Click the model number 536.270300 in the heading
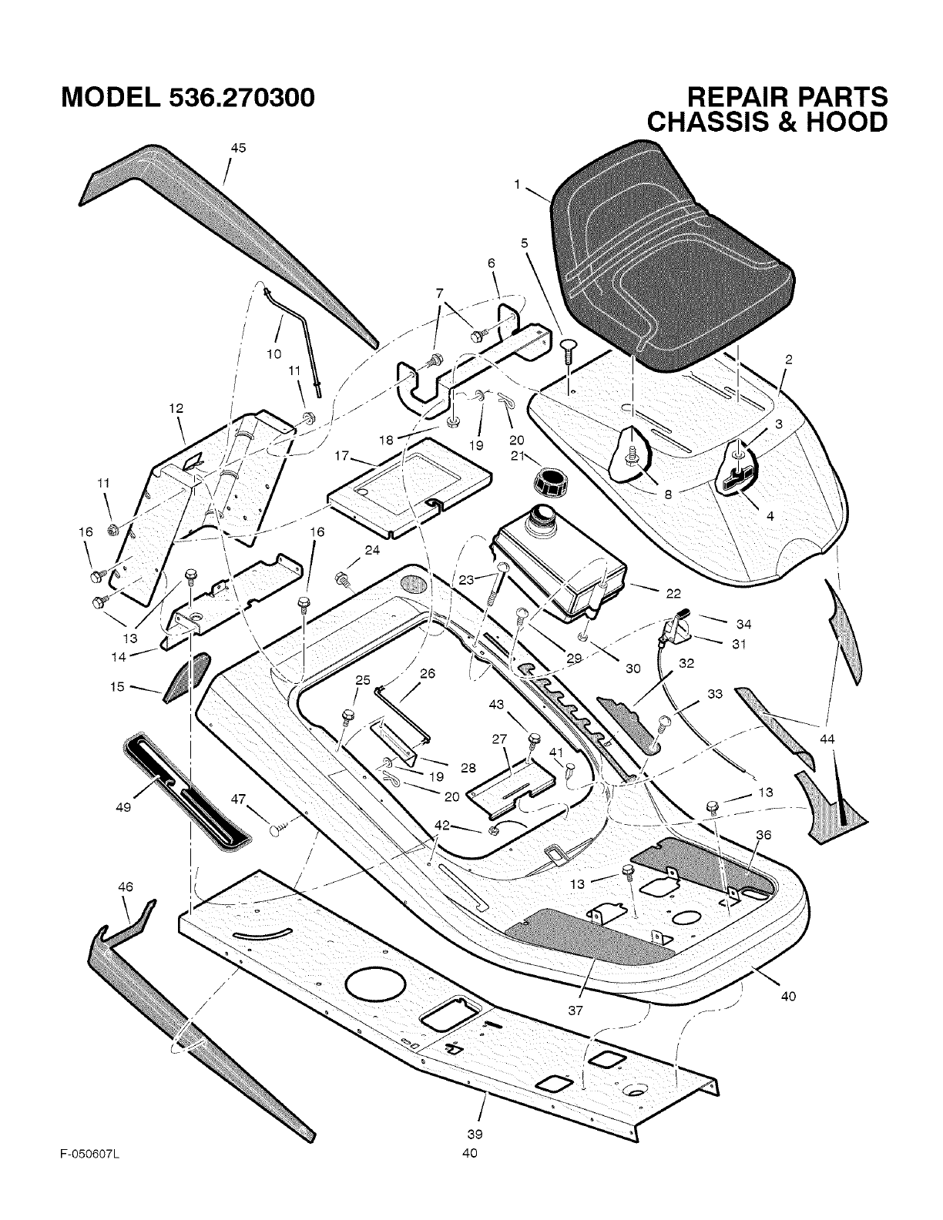(240, 98)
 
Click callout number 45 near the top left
(238, 149)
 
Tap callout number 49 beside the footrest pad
(123, 806)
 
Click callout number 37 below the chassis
(576, 1010)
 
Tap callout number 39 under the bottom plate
(475, 1134)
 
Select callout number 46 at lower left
(126, 887)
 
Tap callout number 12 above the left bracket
(176, 408)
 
